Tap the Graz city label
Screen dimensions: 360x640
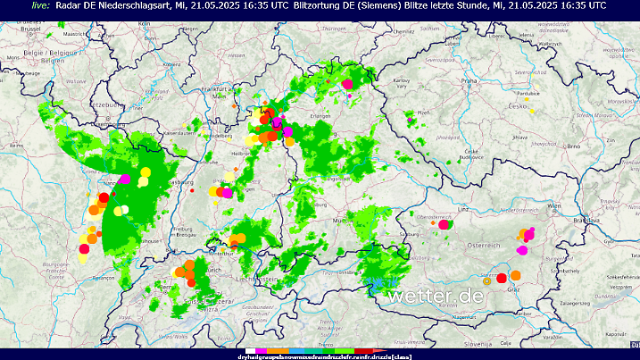click(x=513, y=289)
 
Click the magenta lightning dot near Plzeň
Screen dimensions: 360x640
click(x=410, y=116)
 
